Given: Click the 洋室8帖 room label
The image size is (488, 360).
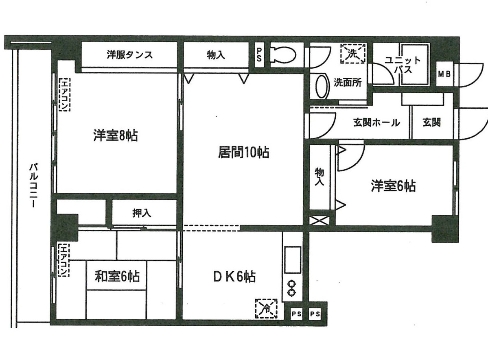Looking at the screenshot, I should pos(115,135).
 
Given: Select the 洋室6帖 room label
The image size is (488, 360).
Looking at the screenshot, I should pos(393,186).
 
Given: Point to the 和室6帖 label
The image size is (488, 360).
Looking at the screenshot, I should pos(117,277).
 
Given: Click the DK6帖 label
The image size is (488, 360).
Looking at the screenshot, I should pos(235,277).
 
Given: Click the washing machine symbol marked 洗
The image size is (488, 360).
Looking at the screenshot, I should pos(353,53).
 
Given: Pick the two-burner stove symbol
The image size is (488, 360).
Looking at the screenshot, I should pos(291,288).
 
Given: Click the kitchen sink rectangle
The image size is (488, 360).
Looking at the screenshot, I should pos(292,260).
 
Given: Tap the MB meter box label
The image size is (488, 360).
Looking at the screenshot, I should pos(444,74).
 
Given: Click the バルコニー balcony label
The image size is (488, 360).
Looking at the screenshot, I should pos(34,185).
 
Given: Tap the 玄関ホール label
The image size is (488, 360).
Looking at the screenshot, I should pos(376,122).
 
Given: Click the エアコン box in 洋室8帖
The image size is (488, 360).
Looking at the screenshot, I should pos(64,94).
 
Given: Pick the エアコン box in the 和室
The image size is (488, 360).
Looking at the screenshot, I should pos(64,259).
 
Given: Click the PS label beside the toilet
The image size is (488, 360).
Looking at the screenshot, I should pos(259,55).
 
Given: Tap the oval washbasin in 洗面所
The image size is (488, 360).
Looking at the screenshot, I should pos(322,86).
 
